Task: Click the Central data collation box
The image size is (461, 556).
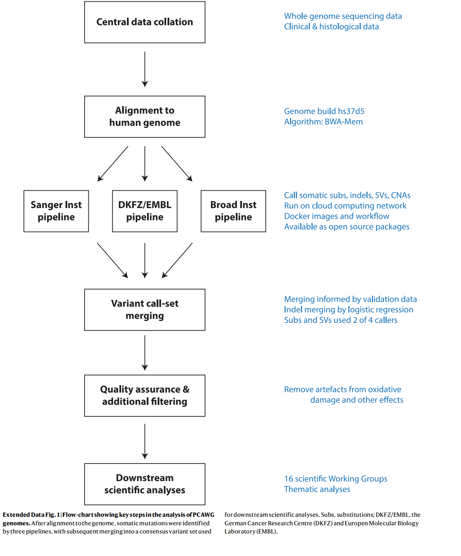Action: click(x=145, y=22)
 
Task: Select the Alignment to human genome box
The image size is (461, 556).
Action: click(x=145, y=117)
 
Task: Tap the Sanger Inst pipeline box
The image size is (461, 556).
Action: click(x=56, y=211)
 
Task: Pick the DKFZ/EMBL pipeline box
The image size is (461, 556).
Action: click(x=145, y=211)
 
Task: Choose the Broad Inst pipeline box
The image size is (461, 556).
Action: click(x=233, y=211)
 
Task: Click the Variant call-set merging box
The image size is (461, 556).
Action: click(x=145, y=310)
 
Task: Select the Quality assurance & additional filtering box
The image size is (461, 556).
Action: click(x=145, y=396)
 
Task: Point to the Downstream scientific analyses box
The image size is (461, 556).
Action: click(x=145, y=484)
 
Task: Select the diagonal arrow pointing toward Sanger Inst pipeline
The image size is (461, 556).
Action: click(x=113, y=164)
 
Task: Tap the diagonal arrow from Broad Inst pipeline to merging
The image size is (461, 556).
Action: click(x=177, y=260)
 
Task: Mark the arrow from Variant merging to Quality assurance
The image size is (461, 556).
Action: click(x=145, y=353)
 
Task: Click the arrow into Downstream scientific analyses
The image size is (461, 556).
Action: click(x=145, y=441)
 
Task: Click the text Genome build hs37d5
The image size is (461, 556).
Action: click(x=324, y=111)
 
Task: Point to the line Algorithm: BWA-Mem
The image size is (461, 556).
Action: click(x=323, y=122)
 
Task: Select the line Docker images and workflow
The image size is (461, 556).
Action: click(x=336, y=216)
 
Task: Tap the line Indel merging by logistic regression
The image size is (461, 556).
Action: click(x=348, y=310)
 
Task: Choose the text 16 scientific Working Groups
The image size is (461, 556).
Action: click(x=336, y=479)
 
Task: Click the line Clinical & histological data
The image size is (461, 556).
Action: click(x=331, y=27)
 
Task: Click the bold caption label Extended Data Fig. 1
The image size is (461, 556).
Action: click(x=31, y=515)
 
